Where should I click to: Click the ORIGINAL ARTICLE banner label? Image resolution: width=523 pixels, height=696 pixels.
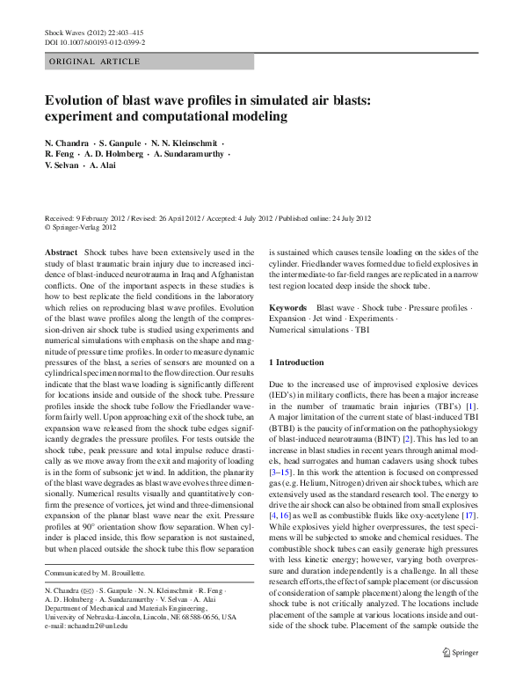tap(92, 62)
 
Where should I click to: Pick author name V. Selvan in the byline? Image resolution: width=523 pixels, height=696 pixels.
tap(63, 165)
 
